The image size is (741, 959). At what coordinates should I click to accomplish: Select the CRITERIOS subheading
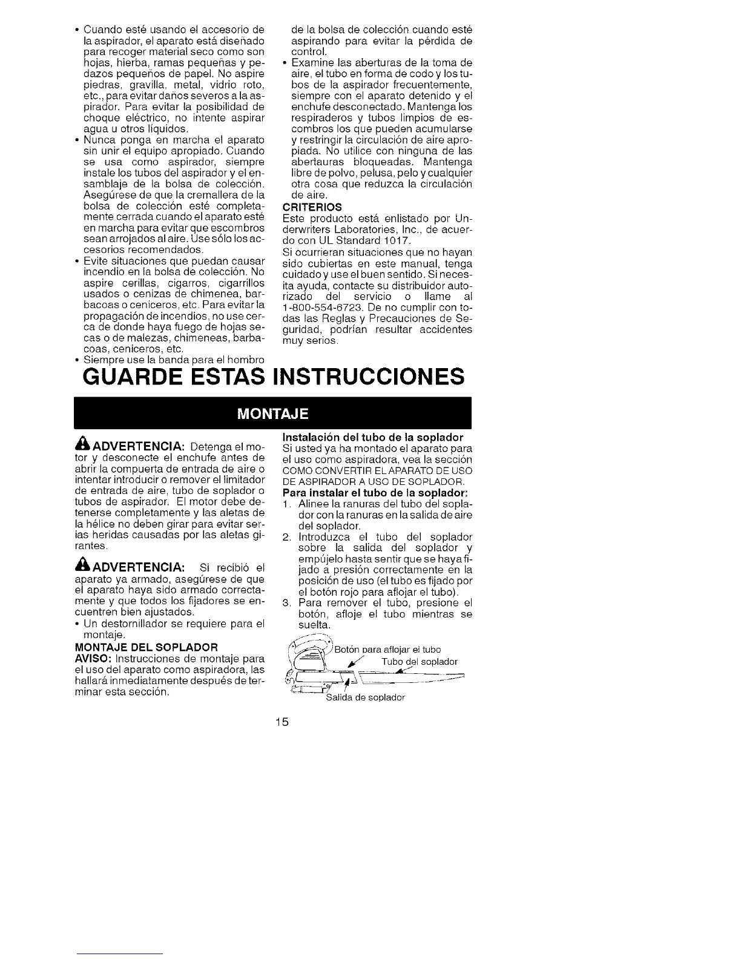(x=308, y=206)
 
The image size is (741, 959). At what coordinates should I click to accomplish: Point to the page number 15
(x=280, y=722)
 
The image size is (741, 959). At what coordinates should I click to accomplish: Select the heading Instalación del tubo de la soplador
(x=373, y=437)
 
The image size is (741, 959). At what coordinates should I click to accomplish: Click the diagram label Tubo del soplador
(x=420, y=661)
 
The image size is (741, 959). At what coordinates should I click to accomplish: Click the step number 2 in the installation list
(x=287, y=537)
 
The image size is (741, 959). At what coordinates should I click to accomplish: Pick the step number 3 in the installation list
(x=287, y=603)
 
